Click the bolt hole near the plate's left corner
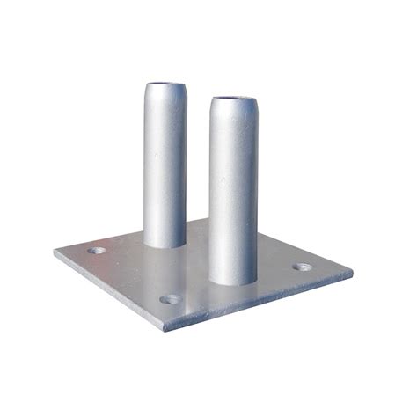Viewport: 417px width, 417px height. pyautogui.click(x=96, y=251)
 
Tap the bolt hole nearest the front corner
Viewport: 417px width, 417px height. pyautogui.click(x=172, y=299)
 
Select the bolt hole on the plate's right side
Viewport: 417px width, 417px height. pyautogui.click(x=302, y=267)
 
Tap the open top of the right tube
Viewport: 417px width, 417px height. pyautogui.click(x=232, y=100)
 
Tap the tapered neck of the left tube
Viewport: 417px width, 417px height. pyautogui.click(x=165, y=99)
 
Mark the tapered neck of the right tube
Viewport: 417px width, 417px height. pyautogui.click(x=233, y=112)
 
